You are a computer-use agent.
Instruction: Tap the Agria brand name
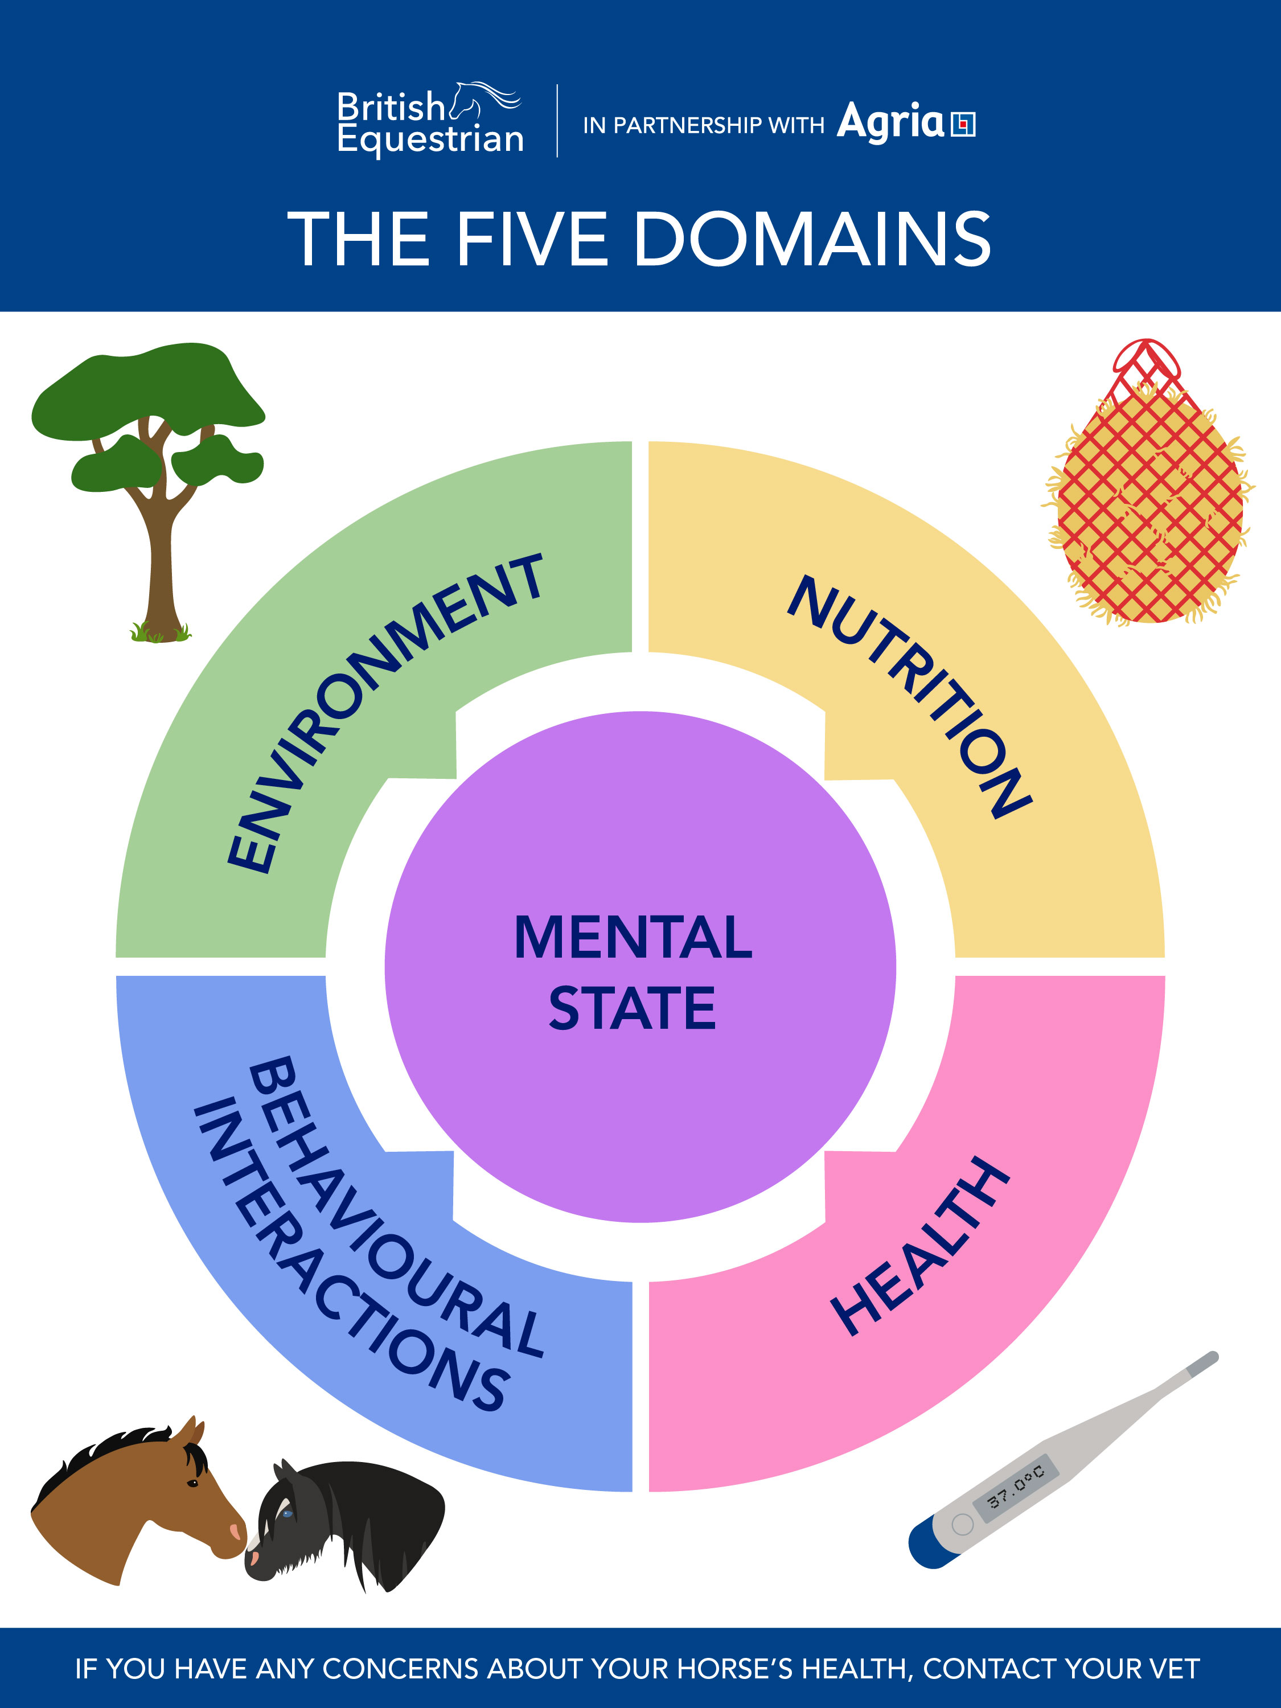890,122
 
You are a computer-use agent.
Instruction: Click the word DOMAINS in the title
812,239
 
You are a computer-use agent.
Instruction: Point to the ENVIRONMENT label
384,715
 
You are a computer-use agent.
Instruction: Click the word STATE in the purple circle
633,1008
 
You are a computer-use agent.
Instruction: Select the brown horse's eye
192,1483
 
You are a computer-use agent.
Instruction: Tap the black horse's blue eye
288,1513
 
